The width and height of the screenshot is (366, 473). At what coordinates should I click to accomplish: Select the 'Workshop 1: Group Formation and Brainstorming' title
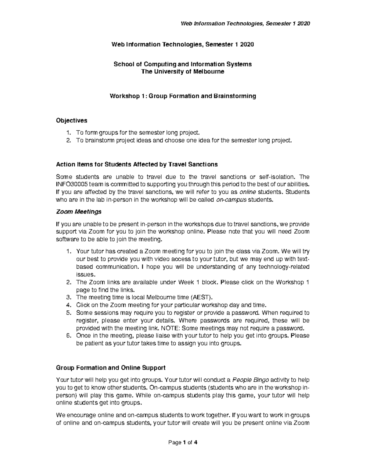pos(183,96)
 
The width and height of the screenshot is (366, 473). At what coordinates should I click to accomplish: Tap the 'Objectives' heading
pos(71,120)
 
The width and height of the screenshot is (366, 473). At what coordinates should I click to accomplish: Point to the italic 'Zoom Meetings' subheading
pos(79,211)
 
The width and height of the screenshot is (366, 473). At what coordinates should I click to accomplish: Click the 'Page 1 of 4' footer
pos(183,443)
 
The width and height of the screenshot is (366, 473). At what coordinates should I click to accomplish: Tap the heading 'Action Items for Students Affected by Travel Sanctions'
pos(137,164)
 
